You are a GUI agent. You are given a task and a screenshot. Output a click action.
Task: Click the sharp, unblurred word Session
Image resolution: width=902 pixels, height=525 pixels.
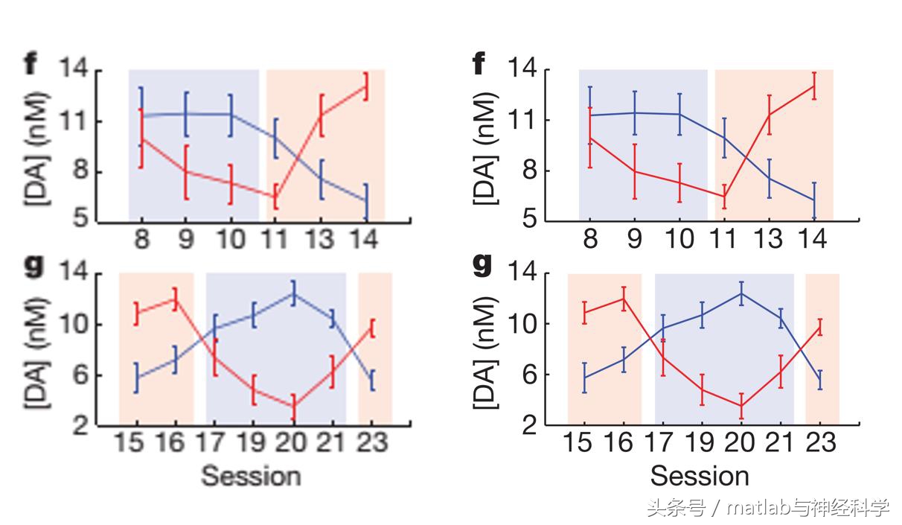tap(700, 475)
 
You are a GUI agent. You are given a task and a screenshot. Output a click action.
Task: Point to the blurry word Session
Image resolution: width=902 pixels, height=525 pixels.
tap(251, 475)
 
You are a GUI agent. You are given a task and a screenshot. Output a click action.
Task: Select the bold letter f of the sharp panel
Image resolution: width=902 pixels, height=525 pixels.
tap(479, 66)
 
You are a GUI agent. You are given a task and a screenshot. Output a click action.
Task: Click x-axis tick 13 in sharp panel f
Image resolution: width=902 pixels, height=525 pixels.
tap(769, 239)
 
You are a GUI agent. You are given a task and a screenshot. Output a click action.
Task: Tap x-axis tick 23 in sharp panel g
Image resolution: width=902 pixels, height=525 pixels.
tap(819, 443)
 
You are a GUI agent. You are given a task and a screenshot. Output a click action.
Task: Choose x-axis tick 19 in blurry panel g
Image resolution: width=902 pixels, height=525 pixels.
tap(253, 443)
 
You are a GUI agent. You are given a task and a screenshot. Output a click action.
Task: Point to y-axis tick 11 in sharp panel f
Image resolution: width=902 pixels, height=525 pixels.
tap(530, 120)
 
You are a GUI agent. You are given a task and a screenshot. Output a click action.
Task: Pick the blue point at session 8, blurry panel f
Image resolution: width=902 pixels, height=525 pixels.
tap(141, 116)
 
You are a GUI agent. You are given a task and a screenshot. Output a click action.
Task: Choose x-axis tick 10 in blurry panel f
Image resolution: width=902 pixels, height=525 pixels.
tap(231, 239)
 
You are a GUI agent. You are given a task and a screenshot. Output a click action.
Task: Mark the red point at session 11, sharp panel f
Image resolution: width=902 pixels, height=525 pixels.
tap(724, 197)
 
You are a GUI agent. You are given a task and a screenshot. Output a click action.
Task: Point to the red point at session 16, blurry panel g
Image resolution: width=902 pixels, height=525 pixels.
tap(175, 299)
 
